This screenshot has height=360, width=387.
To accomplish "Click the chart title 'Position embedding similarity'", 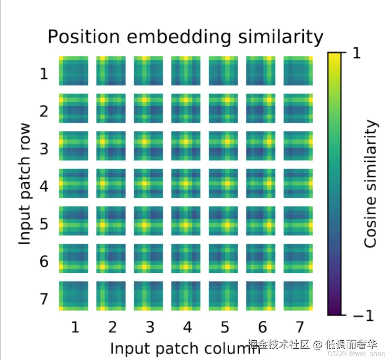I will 185,37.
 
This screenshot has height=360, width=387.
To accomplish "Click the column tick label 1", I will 74,327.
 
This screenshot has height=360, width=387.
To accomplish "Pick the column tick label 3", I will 149,327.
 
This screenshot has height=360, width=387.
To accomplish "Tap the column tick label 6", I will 262,327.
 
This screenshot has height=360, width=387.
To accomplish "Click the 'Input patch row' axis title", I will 26,184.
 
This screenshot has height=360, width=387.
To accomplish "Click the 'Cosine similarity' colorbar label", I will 371,184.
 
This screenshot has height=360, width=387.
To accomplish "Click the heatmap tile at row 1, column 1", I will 73,70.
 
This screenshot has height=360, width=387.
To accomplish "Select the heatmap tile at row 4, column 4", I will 186,183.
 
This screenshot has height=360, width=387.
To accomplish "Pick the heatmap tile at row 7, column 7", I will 298,296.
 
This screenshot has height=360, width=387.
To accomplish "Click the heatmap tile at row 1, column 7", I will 298,70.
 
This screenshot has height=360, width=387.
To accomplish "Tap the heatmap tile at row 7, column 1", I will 73,296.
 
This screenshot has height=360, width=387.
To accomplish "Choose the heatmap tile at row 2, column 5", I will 223,108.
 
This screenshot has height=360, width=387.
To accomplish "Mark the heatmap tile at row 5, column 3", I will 148,221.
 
